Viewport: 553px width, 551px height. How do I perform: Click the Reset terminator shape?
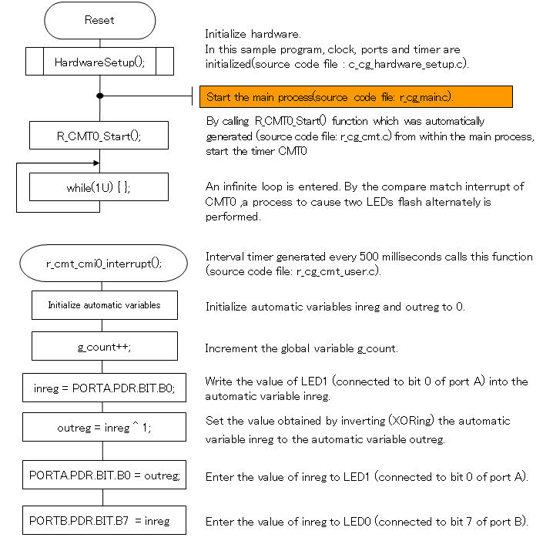pyautogui.click(x=99, y=21)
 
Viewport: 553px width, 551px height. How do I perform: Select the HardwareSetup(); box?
pyautogui.click(x=99, y=62)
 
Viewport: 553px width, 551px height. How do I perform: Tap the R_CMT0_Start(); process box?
pyautogui.click(x=99, y=136)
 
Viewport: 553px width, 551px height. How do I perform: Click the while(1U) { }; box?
pyautogui.click(x=99, y=187)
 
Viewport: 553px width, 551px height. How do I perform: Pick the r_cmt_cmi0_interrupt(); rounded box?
pyautogui.click(x=104, y=263)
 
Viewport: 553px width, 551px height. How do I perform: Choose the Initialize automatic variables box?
pyautogui.click(x=104, y=305)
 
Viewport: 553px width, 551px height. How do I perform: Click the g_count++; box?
pyautogui.click(x=104, y=347)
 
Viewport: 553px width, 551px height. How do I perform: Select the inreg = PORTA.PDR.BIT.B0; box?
pyautogui.click(x=104, y=388)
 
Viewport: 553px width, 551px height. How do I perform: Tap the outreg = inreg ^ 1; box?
pyautogui.click(x=104, y=427)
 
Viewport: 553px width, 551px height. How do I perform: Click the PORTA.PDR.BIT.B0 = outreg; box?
pyautogui.click(x=104, y=475)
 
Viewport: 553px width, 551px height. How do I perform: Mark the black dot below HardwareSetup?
pyautogui.click(x=99, y=96)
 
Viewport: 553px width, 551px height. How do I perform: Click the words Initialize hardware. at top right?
pyautogui.click(x=253, y=34)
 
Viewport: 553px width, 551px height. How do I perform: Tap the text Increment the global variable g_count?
pyautogui.click(x=301, y=348)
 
